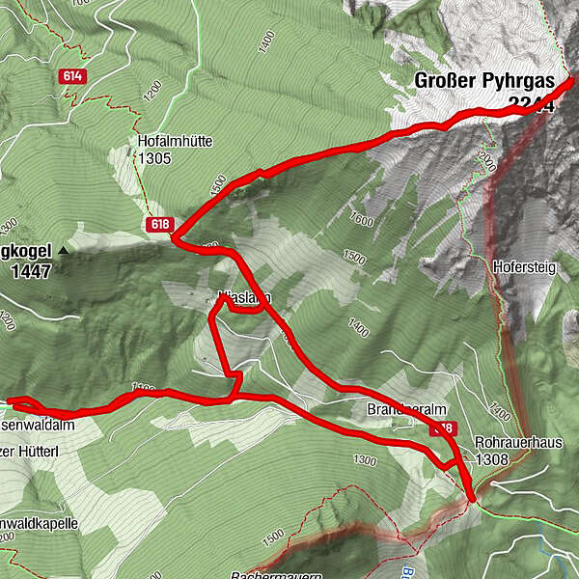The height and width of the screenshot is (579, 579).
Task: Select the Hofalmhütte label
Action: click(175, 141)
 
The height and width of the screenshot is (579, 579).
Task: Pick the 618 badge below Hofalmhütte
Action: click(160, 225)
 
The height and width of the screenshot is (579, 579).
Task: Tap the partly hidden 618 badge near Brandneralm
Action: click(445, 427)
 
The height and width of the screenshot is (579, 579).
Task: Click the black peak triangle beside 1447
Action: click(64, 250)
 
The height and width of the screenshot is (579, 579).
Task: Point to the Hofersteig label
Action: click(524, 266)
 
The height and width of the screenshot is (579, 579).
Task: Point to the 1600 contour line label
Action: click(362, 220)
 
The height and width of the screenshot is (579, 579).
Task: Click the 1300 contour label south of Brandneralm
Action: click(365, 459)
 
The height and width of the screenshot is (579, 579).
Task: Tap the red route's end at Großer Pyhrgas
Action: click(571, 80)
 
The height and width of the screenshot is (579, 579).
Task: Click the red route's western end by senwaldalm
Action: click(10, 400)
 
